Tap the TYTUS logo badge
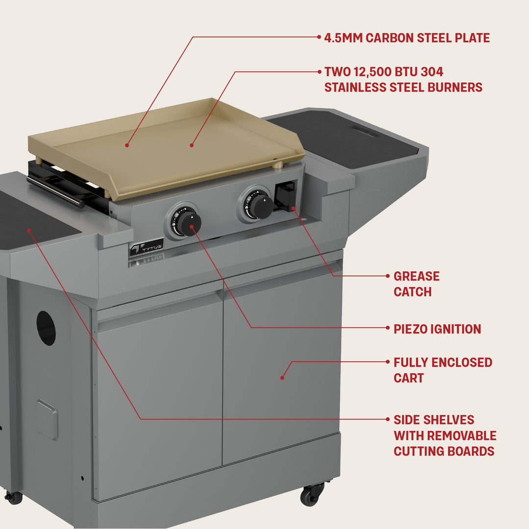[x=146, y=247]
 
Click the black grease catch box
[x=285, y=196]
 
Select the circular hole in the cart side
[x=46, y=328]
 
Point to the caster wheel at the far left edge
[x=13, y=497]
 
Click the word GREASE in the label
[x=416, y=276]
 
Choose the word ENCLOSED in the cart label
[x=462, y=362]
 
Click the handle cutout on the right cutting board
[x=364, y=131]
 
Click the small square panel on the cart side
[x=47, y=419]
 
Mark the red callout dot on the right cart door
[x=282, y=377]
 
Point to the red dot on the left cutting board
[x=29, y=229]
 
